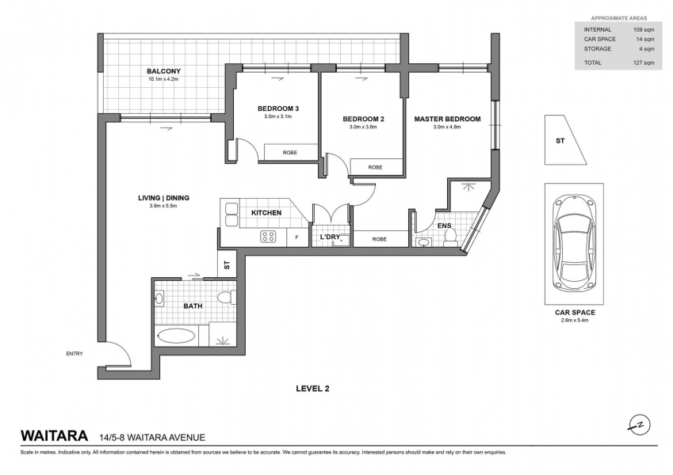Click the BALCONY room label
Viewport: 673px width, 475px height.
[163, 71]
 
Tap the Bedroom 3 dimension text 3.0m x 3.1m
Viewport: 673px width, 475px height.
[277, 116]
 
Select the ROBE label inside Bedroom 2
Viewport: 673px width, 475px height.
[375, 167]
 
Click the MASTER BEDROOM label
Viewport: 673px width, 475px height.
[447, 120]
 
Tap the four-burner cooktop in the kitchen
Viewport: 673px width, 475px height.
[269, 237]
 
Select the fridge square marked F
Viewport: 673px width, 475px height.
[297, 237]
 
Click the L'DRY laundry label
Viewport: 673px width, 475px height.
[330, 237]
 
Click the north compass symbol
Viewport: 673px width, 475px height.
[640, 425]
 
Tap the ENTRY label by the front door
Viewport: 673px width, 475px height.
[75, 354]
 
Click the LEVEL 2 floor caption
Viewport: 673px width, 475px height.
[312, 389]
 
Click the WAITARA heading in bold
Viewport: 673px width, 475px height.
[55, 436]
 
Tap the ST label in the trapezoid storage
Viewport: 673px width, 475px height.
[560, 141]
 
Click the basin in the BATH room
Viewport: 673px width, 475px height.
[159, 298]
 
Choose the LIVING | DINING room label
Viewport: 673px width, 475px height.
[163, 198]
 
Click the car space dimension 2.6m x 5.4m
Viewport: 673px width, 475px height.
[574, 320]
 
